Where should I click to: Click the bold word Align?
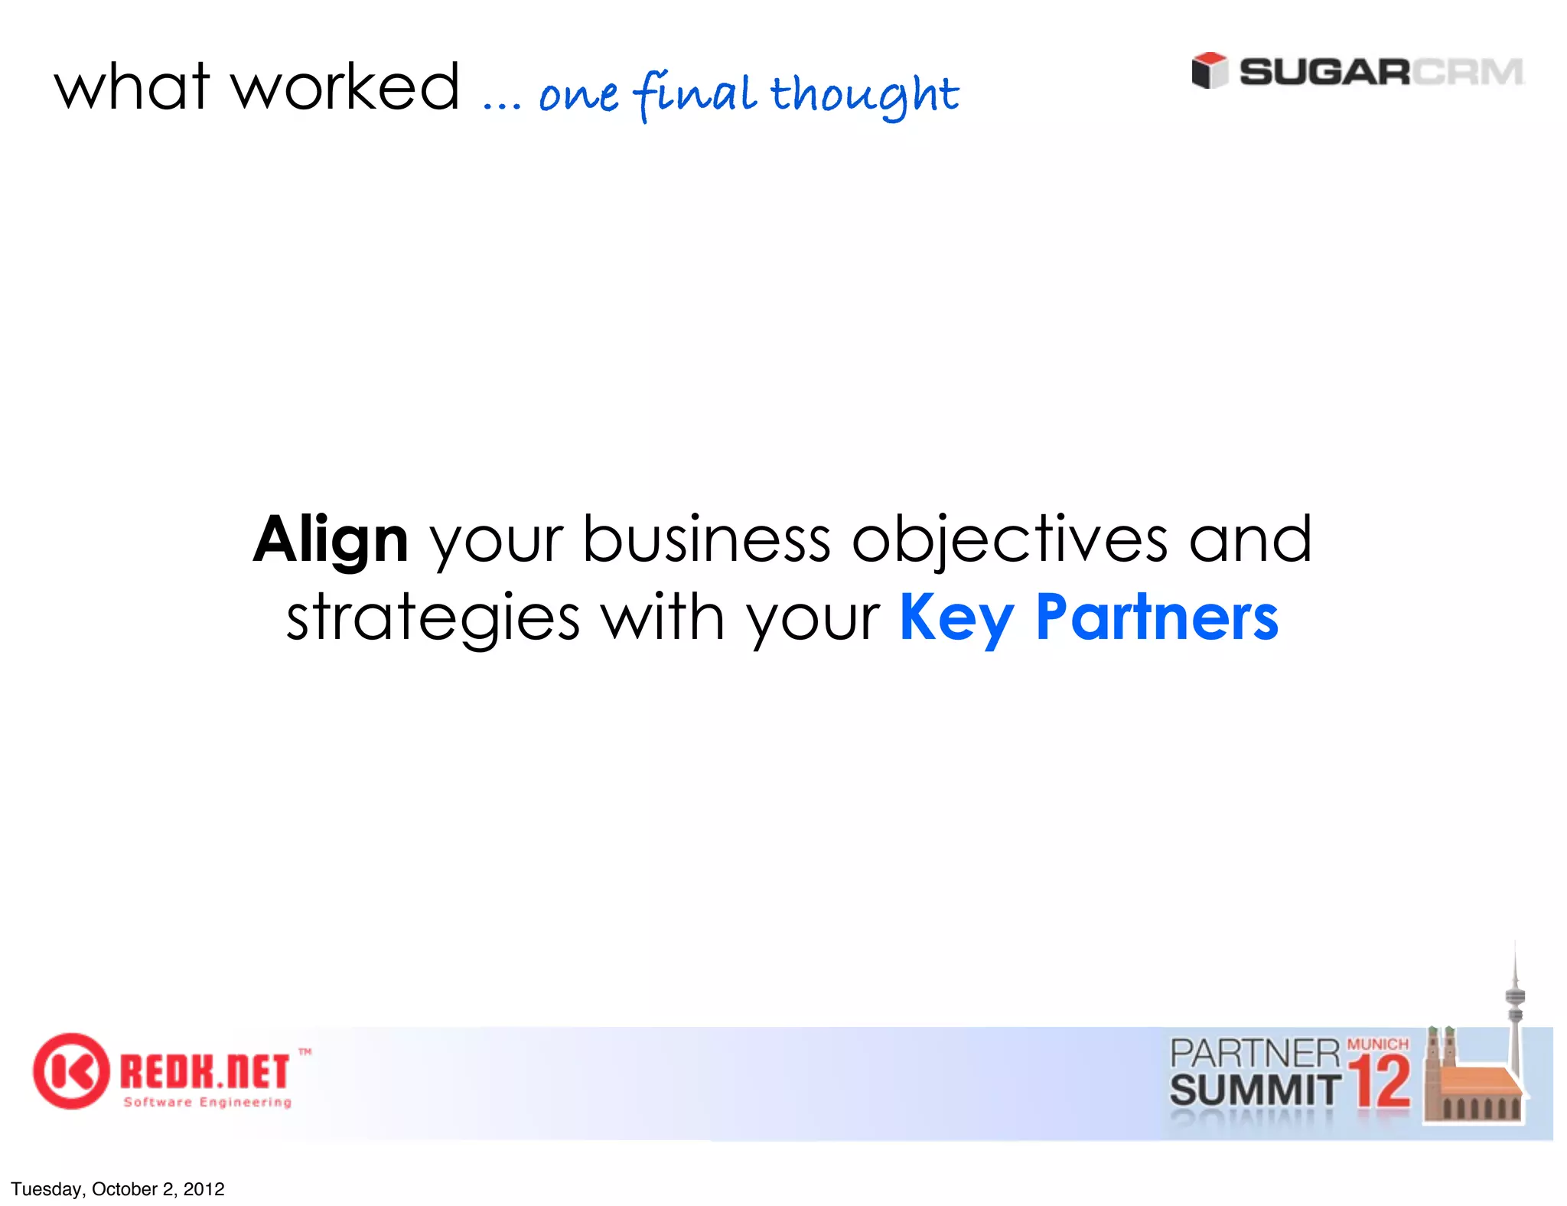[331, 540]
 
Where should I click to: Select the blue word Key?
[956, 618]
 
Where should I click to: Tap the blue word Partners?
[1156, 618]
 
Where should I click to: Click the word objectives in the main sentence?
[1009, 540]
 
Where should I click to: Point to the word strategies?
[433, 618]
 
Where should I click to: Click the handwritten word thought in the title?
[864, 95]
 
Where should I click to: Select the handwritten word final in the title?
[696, 95]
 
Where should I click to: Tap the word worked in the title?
[346, 87]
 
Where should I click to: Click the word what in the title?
[132, 87]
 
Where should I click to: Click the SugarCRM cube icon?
[1210, 70]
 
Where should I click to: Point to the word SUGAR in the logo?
[1324, 73]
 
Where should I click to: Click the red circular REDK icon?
[70, 1071]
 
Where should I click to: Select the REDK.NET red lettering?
[205, 1071]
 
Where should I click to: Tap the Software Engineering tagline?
[207, 1102]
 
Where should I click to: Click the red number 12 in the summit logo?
[1380, 1082]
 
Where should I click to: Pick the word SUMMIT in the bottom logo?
[1255, 1090]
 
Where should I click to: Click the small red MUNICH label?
[1377, 1045]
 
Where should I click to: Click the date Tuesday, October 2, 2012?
[118, 1188]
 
